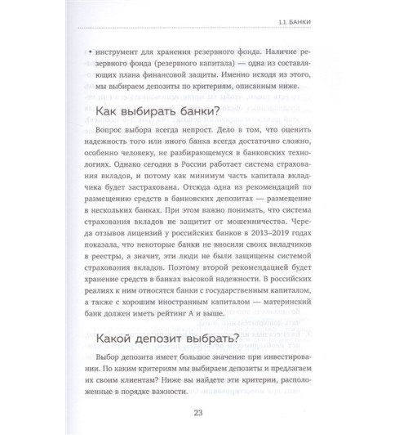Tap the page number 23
point(205,413)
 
